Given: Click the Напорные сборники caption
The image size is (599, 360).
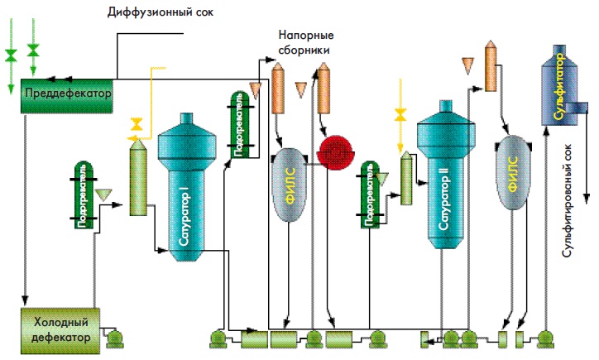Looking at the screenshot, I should (x=303, y=44).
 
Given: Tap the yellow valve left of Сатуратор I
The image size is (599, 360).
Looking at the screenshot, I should (x=137, y=125).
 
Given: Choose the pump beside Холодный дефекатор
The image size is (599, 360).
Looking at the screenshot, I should (x=113, y=335).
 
